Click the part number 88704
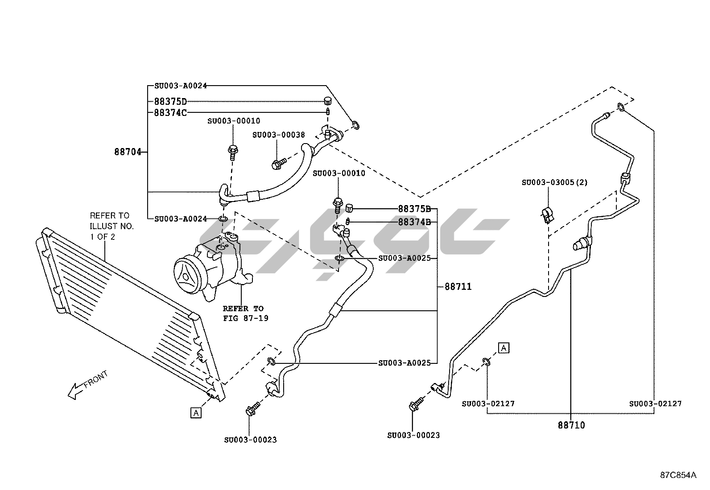tap(128, 152)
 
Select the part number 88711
tap(458, 287)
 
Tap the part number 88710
tap(571, 425)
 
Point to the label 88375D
tap(170, 102)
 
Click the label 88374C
tap(170, 113)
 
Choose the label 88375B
tap(414, 209)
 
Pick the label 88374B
tap(414, 222)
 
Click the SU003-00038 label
tap(278, 135)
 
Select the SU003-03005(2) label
tap(555, 182)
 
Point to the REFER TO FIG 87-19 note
tap(246, 313)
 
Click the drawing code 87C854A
tap(678, 475)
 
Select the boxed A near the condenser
tap(196, 413)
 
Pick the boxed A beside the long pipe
tap(504, 348)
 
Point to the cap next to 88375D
tap(328, 101)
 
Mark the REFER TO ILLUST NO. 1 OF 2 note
tap(111, 226)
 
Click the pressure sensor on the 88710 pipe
tap(580, 243)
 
